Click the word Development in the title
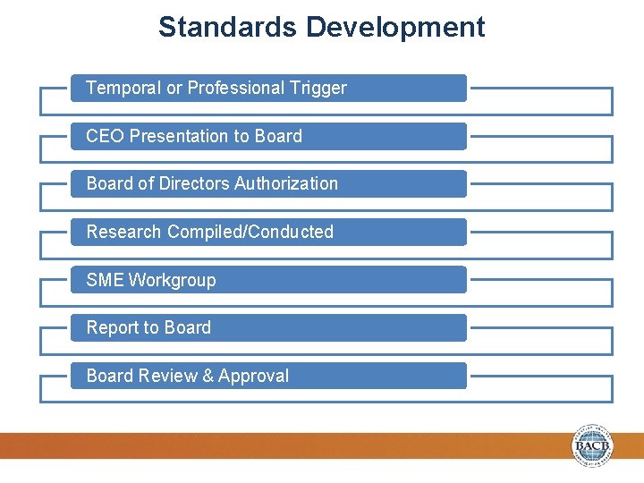pos(395,27)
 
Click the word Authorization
pos(286,183)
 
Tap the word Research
pos(123,232)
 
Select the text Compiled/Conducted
pos(250,232)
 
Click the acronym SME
pos(105,280)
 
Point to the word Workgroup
pos(173,280)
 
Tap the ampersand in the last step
pos(208,376)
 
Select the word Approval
pos(254,376)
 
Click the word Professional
pos(235,88)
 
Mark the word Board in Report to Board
pos(188,327)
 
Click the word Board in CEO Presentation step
pos(279,136)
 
